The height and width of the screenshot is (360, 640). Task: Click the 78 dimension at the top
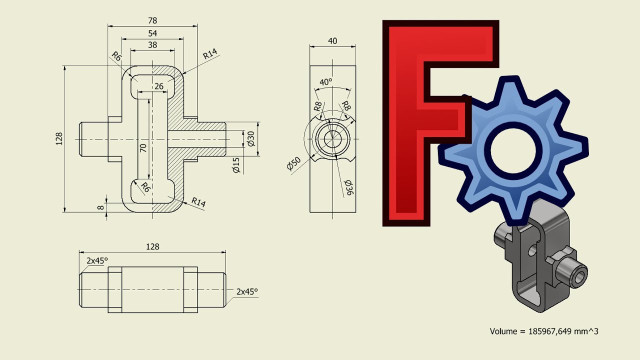152,20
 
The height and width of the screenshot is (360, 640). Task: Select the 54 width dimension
152,33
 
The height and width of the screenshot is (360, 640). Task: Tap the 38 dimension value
152,45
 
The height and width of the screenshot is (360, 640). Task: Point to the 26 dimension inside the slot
158,86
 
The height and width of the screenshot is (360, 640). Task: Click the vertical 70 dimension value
143,148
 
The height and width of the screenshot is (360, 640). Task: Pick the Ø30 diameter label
251,138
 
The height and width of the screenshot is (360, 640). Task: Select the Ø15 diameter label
236,165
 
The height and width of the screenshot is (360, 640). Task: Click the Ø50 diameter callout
293,163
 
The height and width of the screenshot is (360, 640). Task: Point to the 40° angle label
325,82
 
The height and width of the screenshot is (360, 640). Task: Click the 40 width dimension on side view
332,41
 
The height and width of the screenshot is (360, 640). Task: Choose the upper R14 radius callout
210,55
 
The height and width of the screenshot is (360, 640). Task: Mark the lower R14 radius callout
198,202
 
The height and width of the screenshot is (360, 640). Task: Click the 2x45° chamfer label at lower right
247,291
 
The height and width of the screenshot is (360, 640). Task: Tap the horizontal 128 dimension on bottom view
152,246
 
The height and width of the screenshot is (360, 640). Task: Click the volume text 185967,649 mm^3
544,331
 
